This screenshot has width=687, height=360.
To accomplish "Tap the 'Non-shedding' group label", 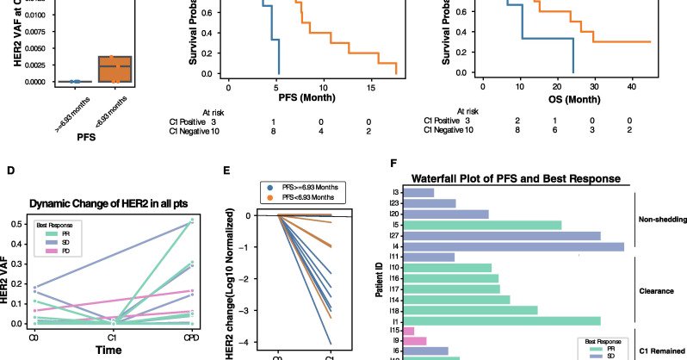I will click(660, 219).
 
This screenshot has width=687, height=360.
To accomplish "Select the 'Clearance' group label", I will click(656, 291).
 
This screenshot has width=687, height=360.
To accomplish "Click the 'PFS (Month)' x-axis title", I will click(312, 100).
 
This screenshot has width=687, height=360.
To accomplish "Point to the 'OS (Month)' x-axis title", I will click(561, 100).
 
